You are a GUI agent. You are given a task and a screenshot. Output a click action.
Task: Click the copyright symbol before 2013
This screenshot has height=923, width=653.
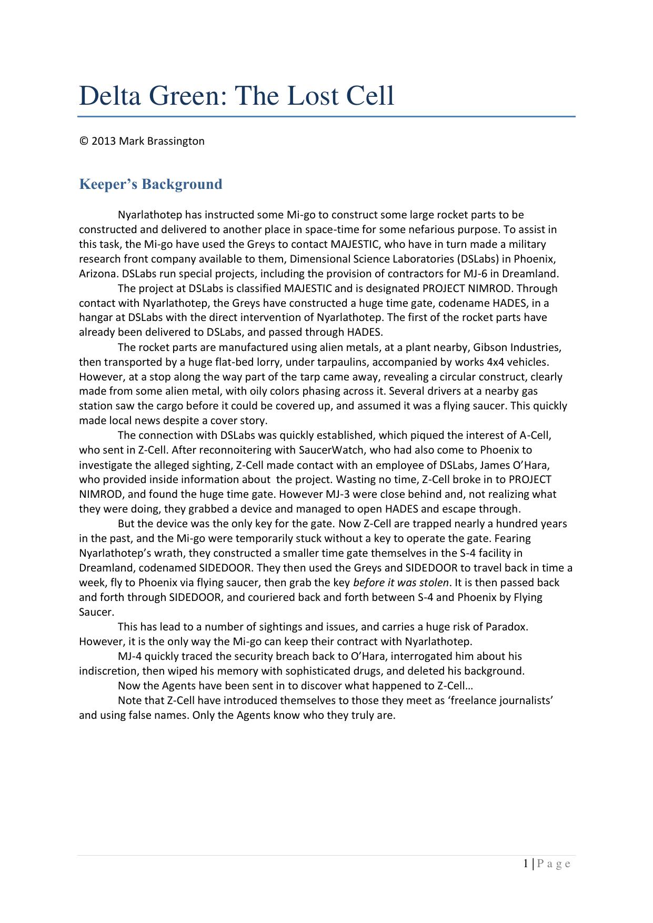(x=83, y=141)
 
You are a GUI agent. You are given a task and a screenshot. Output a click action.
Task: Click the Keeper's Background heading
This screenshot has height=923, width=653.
(x=150, y=184)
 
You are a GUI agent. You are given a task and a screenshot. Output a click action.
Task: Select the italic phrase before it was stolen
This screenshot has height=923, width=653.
(x=401, y=583)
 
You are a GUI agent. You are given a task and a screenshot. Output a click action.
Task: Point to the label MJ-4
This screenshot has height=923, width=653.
(x=129, y=656)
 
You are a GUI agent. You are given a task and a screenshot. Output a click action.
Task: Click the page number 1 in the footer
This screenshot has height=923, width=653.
(x=527, y=864)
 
